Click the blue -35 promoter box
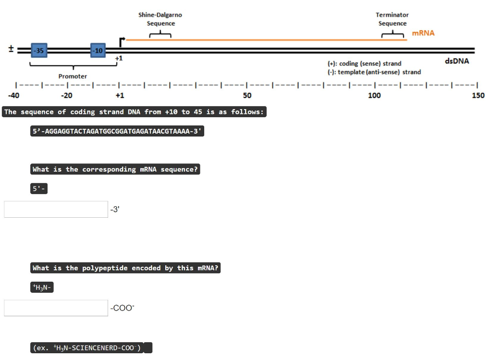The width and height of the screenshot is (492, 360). click(38, 50)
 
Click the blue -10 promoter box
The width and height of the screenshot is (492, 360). click(98, 50)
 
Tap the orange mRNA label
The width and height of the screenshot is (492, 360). click(423, 33)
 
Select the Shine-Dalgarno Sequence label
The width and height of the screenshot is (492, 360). click(160, 19)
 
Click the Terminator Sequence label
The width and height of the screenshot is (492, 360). click(392, 19)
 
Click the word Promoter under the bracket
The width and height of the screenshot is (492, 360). click(73, 76)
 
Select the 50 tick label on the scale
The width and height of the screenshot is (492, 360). click(246, 95)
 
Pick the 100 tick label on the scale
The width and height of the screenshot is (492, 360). click(374, 95)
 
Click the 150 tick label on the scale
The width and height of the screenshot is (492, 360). click(478, 95)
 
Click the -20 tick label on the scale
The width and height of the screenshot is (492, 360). click(66, 95)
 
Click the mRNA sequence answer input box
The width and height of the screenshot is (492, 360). click(56, 210)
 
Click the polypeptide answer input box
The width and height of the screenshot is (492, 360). click(56, 308)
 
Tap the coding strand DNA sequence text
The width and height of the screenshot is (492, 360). click(118, 131)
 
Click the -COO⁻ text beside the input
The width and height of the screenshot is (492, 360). click(122, 308)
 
